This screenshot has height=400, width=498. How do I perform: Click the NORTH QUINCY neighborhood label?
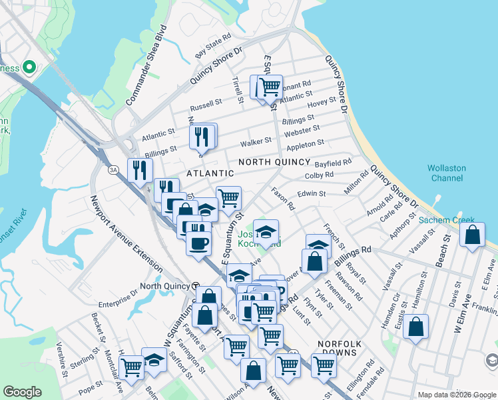tap(274, 162)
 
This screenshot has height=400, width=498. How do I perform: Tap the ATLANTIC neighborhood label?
tap(210, 173)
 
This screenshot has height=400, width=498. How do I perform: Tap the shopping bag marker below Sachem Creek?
tap(472, 236)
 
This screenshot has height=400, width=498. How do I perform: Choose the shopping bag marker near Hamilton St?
tap(415, 327)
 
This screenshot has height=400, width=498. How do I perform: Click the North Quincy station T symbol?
tap(195, 285)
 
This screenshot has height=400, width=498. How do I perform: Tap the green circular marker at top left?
tap(29, 67)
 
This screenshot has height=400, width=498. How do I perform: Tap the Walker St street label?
tap(256, 141)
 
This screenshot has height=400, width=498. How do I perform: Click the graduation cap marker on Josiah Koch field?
tap(266, 232)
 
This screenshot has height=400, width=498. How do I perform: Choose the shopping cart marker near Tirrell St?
tap(270, 86)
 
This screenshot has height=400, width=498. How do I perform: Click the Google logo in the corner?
tap(23, 392)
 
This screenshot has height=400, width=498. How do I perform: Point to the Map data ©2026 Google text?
tap(457, 395)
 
